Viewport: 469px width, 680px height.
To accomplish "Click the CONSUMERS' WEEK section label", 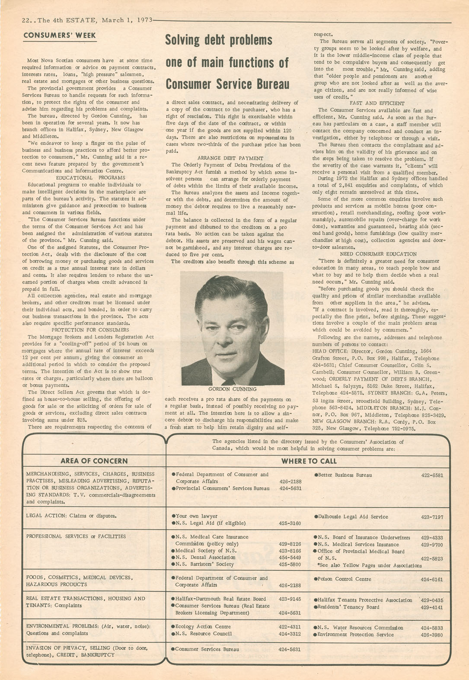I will [x=60, y=35].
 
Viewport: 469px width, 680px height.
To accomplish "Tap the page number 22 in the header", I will [x=27, y=20].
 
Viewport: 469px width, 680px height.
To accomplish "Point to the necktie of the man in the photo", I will [x=228, y=381].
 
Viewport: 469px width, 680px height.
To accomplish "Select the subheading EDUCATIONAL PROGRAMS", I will [x=90, y=178].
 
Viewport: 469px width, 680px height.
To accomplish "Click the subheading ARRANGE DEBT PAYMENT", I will [x=230, y=158].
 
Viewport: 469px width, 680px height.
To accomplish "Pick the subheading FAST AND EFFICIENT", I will [x=377, y=103].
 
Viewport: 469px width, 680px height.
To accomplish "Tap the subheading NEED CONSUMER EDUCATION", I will [x=378, y=254].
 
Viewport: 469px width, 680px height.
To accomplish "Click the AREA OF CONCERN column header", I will [x=94, y=461].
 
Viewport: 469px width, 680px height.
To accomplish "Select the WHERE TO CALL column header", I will [x=309, y=461].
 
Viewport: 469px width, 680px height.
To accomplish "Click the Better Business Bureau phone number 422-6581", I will [x=432, y=475].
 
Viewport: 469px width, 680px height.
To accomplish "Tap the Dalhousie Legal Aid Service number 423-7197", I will [x=432, y=516].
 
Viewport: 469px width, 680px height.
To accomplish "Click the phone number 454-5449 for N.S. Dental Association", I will [x=290, y=558].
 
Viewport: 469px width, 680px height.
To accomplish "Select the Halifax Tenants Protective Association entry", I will [x=365, y=600].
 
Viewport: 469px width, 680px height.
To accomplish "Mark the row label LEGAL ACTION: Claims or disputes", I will [x=71, y=516].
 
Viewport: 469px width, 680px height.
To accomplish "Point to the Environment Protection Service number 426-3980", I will [x=432, y=635].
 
